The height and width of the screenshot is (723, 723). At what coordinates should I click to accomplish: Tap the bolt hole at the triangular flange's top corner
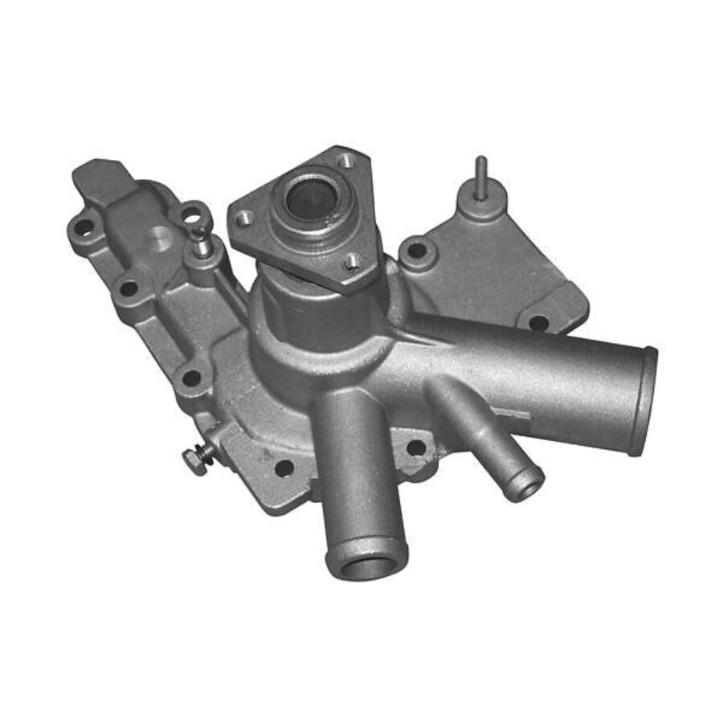pos(343,161)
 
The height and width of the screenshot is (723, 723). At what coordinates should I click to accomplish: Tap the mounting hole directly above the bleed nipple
pos(193,214)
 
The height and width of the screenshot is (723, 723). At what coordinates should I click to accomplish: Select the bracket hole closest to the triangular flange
pos(415,250)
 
